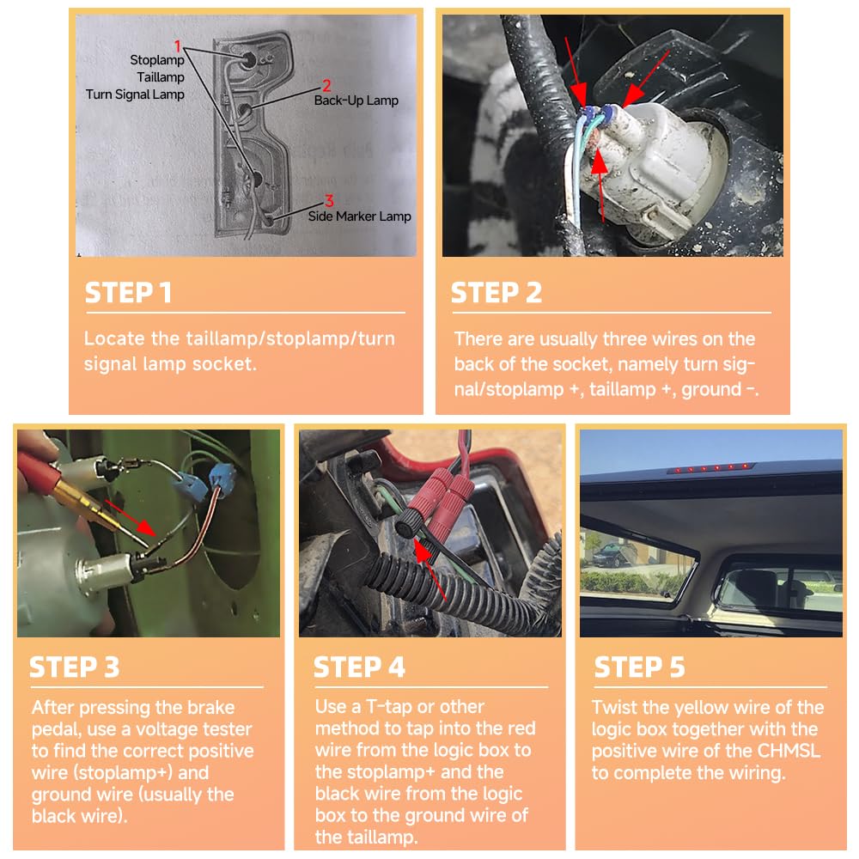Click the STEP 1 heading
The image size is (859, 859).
tap(128, 292)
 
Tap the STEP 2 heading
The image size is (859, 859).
tap(497, 292)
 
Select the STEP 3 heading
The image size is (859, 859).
tap(75, 667)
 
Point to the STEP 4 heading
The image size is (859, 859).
tap(359, 667)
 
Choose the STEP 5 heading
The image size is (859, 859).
tap(640, 667)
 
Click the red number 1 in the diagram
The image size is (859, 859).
tap(178, 46)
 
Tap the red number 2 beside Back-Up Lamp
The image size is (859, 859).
tap(326, 85)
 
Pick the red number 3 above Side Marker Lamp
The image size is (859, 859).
tap(329, 201)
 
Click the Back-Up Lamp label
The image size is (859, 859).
tap(356, 101)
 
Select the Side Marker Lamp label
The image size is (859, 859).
tap(359, 216)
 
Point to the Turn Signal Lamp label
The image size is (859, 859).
tap(136, 94)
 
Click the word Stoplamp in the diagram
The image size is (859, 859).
tap(157, 60)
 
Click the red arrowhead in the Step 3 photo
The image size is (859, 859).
tap(146, 527)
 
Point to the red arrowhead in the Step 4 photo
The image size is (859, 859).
tap(421, 551)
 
